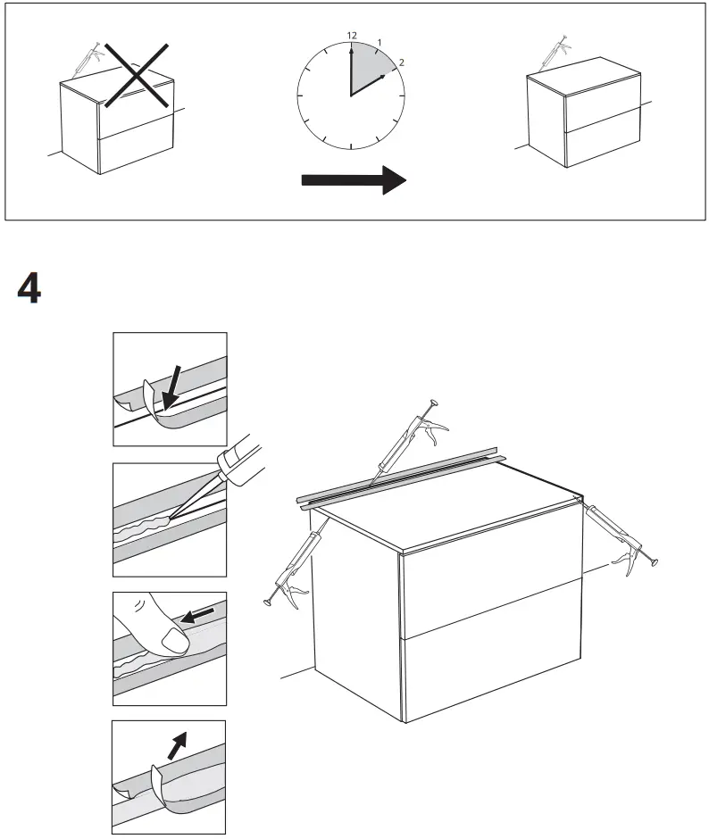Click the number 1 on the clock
click(380, 42)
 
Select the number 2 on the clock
click(401, 62)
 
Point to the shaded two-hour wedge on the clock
click(368, 71)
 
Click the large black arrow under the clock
click(354, 179)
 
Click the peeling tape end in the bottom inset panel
click(165, 778)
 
